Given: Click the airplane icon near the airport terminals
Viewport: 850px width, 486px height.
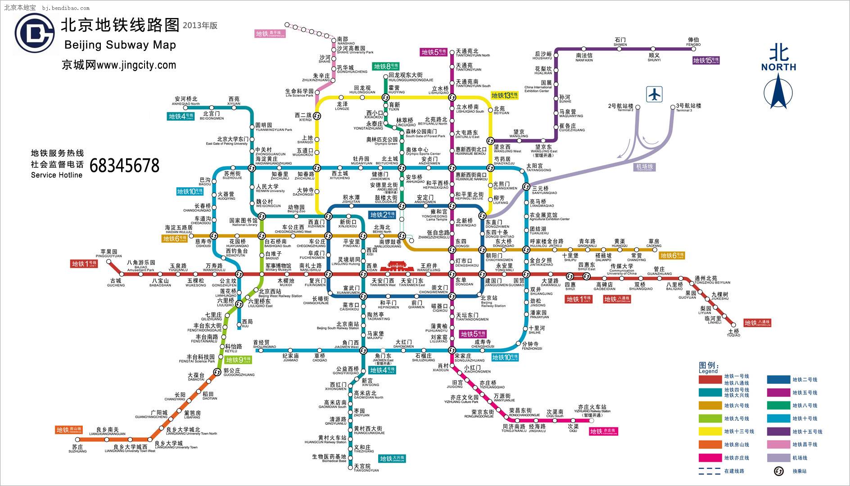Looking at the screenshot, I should click(x=654, y=94).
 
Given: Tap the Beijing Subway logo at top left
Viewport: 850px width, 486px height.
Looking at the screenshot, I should click(x=34, y=34).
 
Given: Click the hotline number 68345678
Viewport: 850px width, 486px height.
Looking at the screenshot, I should click(x=124, y=166).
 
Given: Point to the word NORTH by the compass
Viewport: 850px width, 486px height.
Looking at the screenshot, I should click(x=778, y=67).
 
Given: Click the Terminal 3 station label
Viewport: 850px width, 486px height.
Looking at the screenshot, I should click(x=688, y=108).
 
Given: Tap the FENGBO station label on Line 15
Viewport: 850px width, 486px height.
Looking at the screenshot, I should click(x=693, y=42).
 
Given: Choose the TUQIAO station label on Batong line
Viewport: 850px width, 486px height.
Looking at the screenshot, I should click(x=733, y=333).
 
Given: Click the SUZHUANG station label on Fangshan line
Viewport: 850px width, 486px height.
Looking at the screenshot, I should click(x=77, y=449).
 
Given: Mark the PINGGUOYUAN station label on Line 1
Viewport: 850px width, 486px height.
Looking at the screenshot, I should click(x=109, y=254).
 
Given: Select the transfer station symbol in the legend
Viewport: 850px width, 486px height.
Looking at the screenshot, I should click(x=778, y=471).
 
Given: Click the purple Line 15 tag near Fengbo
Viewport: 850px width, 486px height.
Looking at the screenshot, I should click(x=706, y=60).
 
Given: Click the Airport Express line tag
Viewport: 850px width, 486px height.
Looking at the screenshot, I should click(x=644, y=167).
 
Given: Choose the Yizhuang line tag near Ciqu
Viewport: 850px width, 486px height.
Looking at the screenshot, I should click(x=603, y=432).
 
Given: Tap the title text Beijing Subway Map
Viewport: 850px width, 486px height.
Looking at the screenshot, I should click(x=120, y=45).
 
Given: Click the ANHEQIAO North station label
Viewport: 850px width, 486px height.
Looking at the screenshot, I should click(x=186, y=102).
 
